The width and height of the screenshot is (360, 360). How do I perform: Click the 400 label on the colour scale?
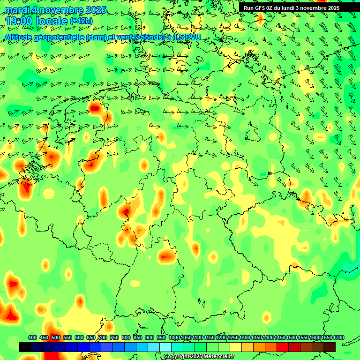pyautogui.click(x=32, y=337)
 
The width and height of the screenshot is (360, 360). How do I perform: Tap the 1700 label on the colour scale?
pyautogui.click(x=338, y=337)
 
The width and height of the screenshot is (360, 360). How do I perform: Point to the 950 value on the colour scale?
pyautogui.click(x=161, y=337)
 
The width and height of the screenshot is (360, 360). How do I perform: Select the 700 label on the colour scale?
pyautogui.click(x=103, y=337)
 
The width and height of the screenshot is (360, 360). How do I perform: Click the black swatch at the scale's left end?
pyautogui.click(x=25, y=347)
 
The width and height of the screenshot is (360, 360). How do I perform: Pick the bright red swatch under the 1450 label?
pyautogui.click(x=283, y=347)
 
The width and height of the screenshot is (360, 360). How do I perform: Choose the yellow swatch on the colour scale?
pyautogui.click(x=236, y=347)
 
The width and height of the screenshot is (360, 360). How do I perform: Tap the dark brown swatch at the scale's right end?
pyautogui.click(x=330, y=347)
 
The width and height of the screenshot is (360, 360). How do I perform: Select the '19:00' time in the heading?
pyautogui.click(x=20, y=21)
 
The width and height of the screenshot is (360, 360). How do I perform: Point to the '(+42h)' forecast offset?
pyautogui.click(x=81, y=21)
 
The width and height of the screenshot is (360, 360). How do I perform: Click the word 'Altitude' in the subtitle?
pyautogui.click(x=20, y=37)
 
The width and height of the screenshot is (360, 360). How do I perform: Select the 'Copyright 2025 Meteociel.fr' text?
pyautogui.click(x=199, y=357)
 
